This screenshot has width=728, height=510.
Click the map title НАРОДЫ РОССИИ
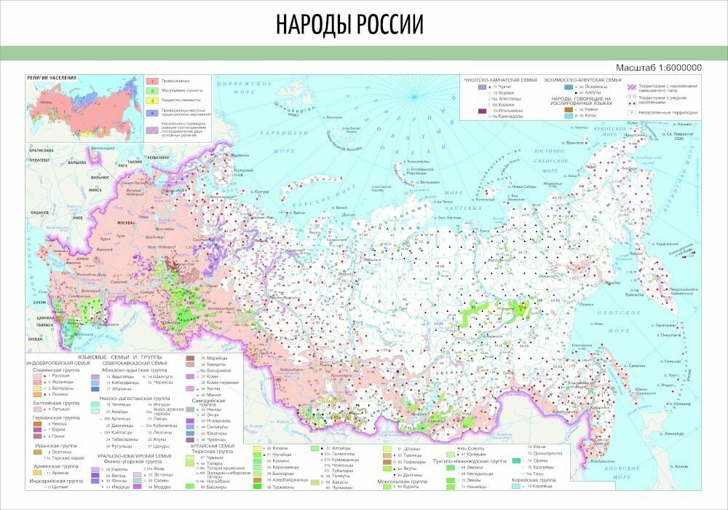point(349,25)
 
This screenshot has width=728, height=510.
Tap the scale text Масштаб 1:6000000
point(658,67)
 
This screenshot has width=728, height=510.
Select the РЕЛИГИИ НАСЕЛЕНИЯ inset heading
point(52,76)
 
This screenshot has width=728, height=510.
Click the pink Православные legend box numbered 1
point(154,81)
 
